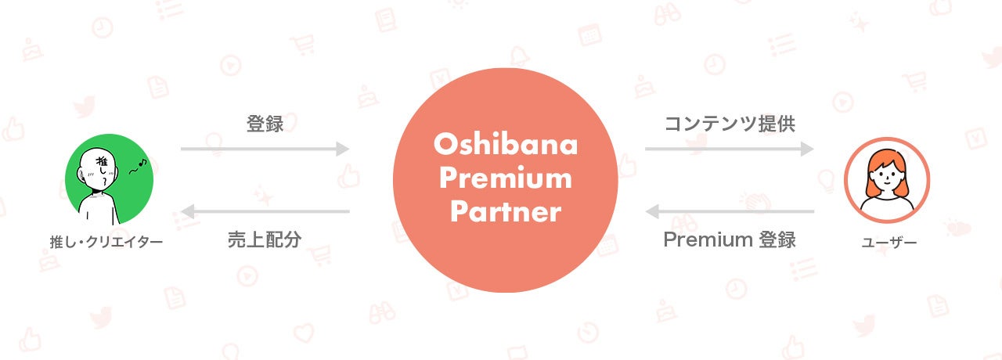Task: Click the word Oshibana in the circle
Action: coord(506,145)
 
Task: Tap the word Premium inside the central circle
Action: coord(506,178)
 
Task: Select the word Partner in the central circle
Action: coord(506,212)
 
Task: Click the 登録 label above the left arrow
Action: coord(265,124)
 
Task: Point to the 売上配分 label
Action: coord(265,239)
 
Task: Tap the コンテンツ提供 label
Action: coord(730,124)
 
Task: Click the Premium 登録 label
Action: coord(730,239)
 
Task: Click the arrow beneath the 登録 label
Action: coord(265,149)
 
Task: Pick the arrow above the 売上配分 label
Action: coord(265,211)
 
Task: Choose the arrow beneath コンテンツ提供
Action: coord(730,149)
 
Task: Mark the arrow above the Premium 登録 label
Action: coord(730,211)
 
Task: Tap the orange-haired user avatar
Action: coord(887,180)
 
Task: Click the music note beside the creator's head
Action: coord(139,165)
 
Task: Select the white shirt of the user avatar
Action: coord(887,206)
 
